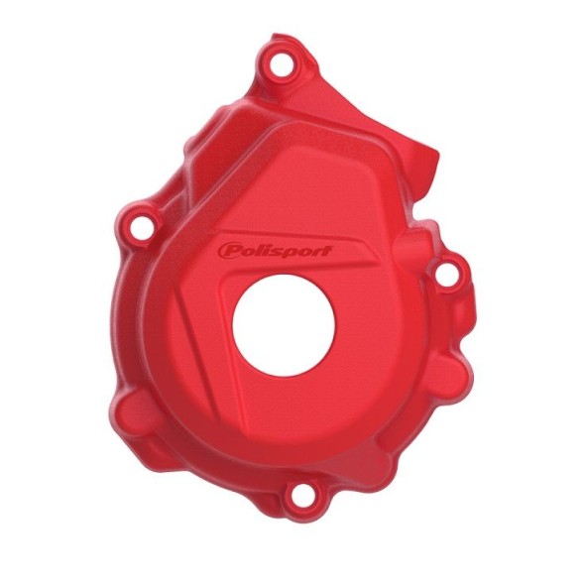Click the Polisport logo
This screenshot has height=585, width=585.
275,249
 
